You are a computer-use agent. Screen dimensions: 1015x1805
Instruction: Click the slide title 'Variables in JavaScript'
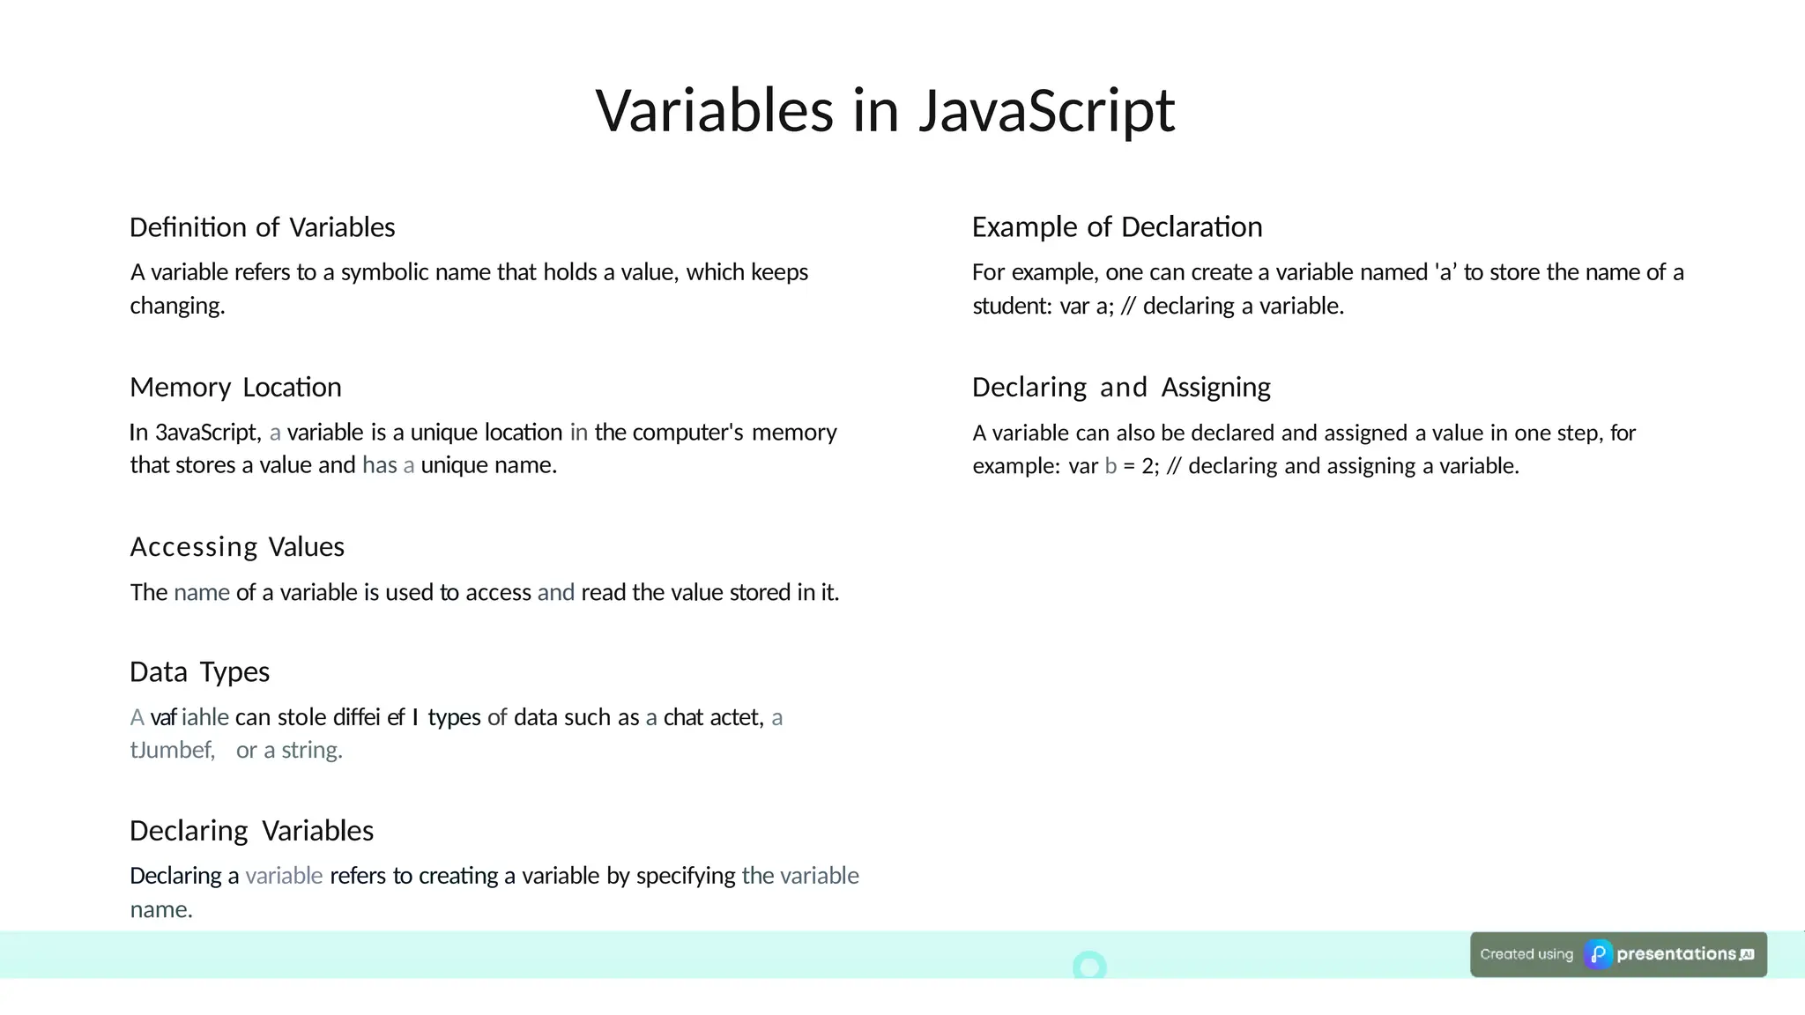tap(885, 111)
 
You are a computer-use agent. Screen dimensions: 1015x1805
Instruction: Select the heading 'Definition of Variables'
tap(262, 227)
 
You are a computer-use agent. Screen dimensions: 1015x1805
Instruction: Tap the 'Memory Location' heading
tap(235, 388)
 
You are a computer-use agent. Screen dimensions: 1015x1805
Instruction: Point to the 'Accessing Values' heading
tap(237, 547)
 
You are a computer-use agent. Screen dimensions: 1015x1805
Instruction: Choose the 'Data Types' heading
tap(199, 672)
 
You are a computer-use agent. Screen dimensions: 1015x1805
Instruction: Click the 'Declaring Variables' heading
tap(251, 831)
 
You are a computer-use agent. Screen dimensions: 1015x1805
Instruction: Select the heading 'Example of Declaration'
tap(1117, 227)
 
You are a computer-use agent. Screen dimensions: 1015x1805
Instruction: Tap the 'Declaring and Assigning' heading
tap(1121, 388)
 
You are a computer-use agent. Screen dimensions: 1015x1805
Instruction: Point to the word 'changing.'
tap(177, 306)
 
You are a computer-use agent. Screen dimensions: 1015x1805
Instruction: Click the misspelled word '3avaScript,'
tap(208, 433)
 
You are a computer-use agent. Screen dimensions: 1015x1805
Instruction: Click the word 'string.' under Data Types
tap(312, 751)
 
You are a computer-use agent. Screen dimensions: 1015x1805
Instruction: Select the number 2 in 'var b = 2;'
tap(1148, 466)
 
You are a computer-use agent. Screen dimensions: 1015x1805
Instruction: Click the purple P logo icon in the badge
tap(1598, 954)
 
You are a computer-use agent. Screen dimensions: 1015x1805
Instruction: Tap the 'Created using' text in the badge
tap(1526, 954)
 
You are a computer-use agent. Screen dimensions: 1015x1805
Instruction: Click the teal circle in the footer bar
tap(1089, 966)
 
